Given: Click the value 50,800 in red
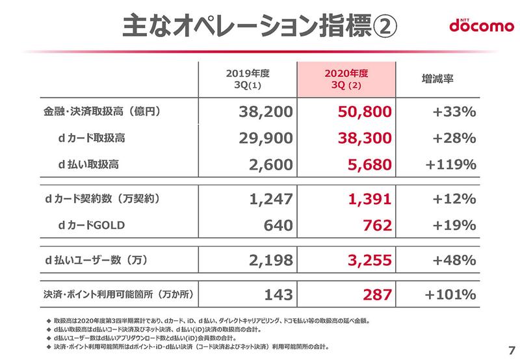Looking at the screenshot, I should point(364,112).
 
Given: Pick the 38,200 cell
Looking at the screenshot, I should point(263,112).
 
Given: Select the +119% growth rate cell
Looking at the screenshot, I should point(450,165).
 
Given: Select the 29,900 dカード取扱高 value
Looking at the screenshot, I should point(263,138).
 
